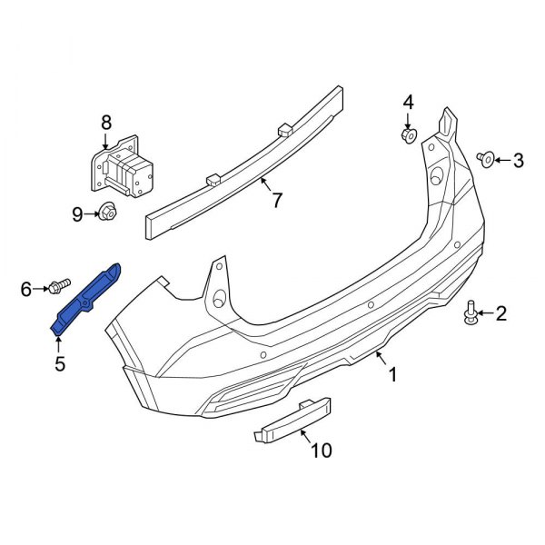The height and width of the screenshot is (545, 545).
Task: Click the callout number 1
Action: [x=392, y=373]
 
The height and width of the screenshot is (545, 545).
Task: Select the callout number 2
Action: [x=501, y=314]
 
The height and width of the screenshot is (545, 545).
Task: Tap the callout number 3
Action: [x=519, y=161]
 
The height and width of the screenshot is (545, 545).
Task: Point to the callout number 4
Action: [x=408, y=101]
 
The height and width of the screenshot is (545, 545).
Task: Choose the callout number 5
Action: [x=59, y=364]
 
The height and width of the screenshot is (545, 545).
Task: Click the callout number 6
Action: [x=26, y=289]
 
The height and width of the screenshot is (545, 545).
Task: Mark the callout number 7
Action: [x=277, y=200]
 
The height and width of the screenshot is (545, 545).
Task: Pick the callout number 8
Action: [x=106, y=121]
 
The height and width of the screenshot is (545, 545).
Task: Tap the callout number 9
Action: [x=77, y=214]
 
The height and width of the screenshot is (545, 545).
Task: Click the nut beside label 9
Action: [x=106, y=214]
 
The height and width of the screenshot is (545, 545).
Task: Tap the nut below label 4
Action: [x=408, y=135]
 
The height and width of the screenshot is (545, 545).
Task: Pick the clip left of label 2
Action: [x=471, y=312]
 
